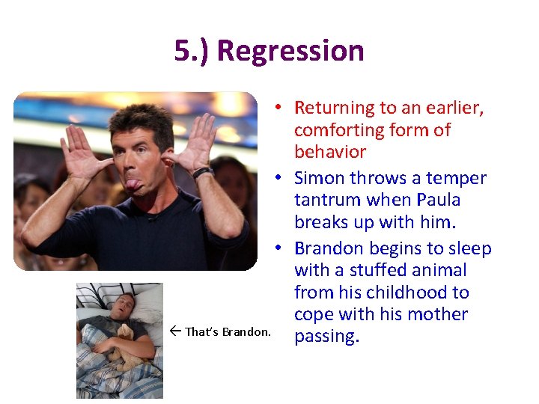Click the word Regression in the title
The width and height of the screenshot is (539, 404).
coord(290,52)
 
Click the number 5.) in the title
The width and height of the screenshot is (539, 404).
coord(192,52)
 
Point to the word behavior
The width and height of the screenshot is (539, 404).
coord(330,152)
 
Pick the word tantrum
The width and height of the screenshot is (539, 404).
coord(329,200)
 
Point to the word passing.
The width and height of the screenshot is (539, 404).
coord(327,337)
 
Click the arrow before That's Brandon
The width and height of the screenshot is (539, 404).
coord(175,331)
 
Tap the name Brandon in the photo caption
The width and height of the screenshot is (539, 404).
coord(243,331)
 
